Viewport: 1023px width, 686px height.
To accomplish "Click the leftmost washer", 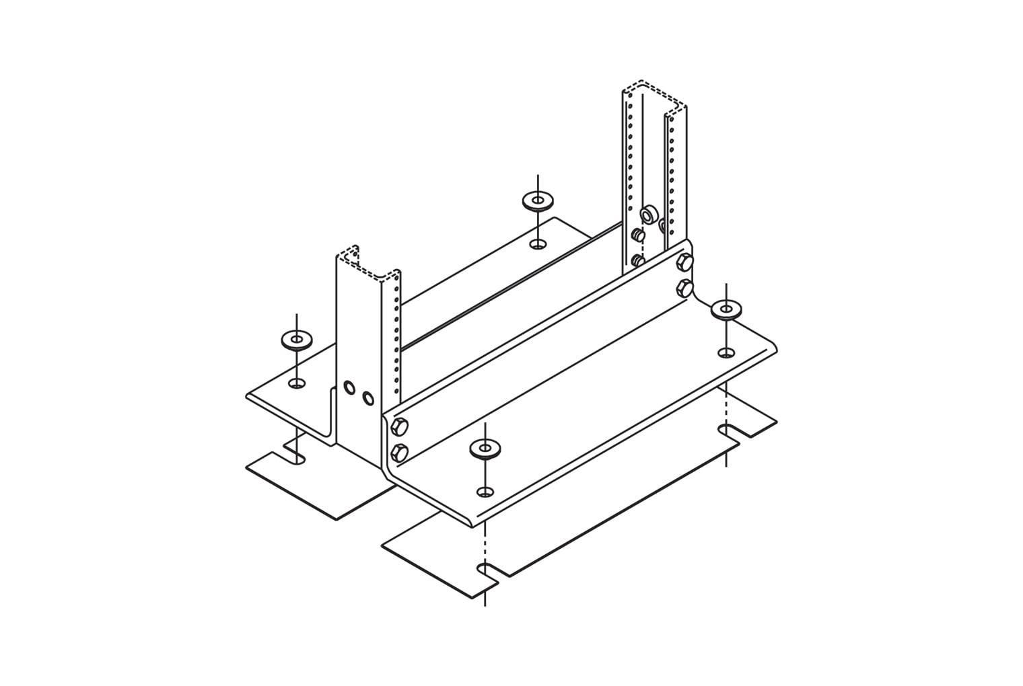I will click(x=296, y=340).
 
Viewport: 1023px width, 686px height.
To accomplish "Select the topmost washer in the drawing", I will click(x=537, y=200).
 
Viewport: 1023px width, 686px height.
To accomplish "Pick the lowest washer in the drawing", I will click(x=485, y=448).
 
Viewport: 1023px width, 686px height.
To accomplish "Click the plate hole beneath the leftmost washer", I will click(x=296, y=383).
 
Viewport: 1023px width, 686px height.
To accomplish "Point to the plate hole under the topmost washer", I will click(x=537, y=243).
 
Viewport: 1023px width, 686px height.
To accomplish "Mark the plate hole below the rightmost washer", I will click(x=726, y=352).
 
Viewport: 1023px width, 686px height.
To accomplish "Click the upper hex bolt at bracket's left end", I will click(x=398, y=426).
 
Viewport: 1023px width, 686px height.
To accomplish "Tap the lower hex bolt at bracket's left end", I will click(x=398, y=453).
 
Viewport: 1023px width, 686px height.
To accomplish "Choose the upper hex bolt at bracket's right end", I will click(x=684, y=262).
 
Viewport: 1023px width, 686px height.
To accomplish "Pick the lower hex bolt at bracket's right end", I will click(x=684, y=288).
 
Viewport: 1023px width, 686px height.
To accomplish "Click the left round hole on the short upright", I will click(x=349, y=387).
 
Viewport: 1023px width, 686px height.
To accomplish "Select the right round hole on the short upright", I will click(x=367, y=398).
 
